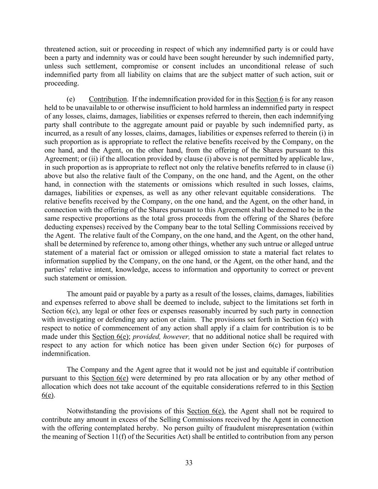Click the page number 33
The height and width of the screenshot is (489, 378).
click(x=189, y=462)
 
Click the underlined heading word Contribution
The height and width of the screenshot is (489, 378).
click(x=107, y=99)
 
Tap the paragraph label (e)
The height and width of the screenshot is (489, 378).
click(x=71, y=99)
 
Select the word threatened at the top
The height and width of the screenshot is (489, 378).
click(x=59, y=49)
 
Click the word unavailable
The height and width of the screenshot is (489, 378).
click(x=100, y=107)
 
